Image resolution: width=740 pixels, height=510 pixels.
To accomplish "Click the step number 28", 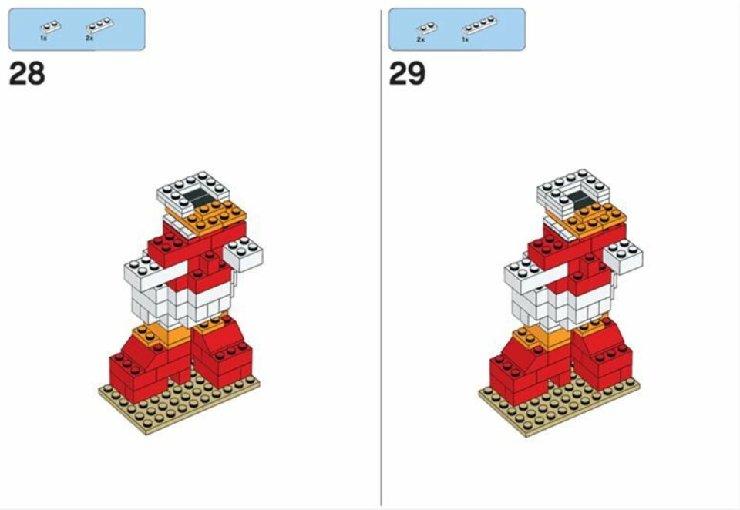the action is tap(27, 74).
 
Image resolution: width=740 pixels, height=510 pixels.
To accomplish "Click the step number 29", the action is tap(407, 74).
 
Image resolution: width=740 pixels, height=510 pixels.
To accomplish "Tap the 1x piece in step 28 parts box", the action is tap(51, 26).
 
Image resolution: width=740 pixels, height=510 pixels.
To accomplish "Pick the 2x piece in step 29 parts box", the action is tap(426, 28).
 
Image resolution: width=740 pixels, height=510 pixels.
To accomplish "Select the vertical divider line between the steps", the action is tap(382, 257).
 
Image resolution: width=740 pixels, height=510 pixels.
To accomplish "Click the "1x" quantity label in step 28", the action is tap(43, 38).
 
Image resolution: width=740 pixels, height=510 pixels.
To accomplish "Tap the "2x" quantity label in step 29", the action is tap(421, 39).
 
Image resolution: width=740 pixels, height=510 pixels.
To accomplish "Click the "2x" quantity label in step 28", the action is tap(89, 38).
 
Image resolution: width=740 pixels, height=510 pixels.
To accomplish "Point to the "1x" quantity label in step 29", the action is tap(466, 39).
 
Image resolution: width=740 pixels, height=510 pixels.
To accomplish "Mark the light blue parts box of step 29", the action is tap(456, 29).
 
